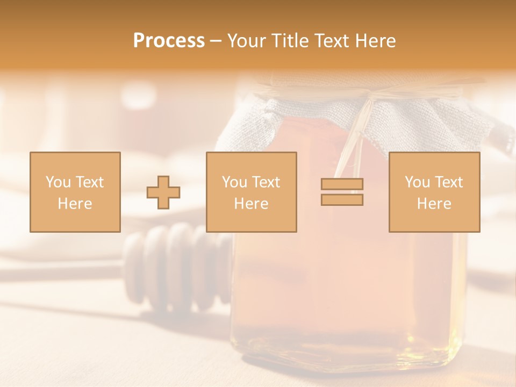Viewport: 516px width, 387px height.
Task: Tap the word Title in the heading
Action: (290, 41)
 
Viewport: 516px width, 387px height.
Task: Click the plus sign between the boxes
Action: (163, 192)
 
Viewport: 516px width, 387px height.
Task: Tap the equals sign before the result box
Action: (342, 192)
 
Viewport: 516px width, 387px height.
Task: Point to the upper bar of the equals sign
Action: (342, 184)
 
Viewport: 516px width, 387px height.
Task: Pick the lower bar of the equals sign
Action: (342, 200)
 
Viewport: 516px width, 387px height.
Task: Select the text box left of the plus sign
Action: (75, 192)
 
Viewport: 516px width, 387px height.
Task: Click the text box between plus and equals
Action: (251, 192)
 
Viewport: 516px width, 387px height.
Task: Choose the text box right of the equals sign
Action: (434, 192)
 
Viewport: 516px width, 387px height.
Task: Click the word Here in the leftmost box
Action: (75, 204)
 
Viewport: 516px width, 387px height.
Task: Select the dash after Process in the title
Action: (216, 41)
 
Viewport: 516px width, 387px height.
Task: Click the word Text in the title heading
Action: (329, 41)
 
